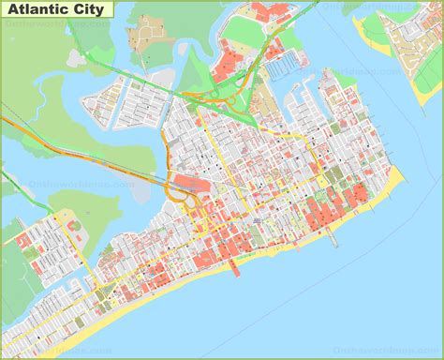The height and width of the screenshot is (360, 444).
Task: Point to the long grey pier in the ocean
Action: [x=333, y=233]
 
